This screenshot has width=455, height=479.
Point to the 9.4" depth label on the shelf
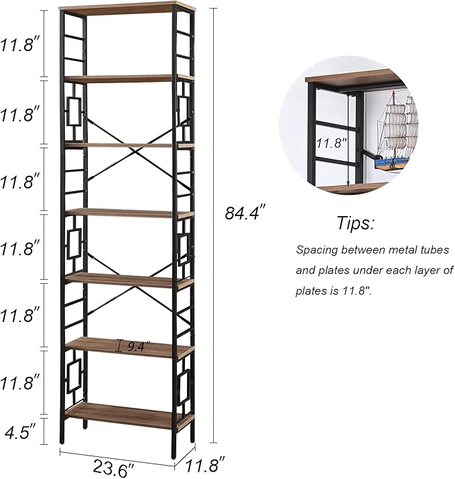pyautogui.click(x=137, y=346)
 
